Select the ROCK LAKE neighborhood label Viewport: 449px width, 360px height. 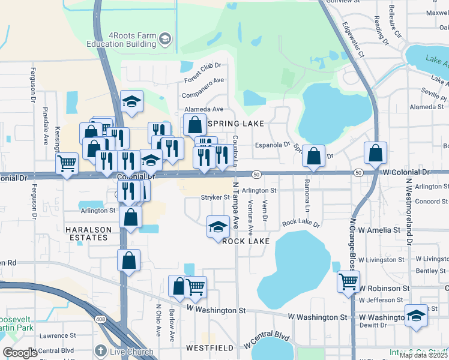(244, 241)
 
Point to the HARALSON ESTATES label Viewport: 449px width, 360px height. (87, 233)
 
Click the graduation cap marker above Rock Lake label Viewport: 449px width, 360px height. (218, 226)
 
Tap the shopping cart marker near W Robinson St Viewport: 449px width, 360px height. (348, 280)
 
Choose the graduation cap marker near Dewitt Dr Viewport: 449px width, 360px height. (416, 315)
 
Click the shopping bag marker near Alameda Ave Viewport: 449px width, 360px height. (194, 125)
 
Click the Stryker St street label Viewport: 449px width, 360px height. (215, 197)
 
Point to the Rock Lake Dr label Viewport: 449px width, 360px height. (301, 223)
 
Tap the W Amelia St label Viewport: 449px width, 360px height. (380, 230)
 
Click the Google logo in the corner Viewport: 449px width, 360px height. (20, 353)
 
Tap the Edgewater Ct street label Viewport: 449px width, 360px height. (353, 40)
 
